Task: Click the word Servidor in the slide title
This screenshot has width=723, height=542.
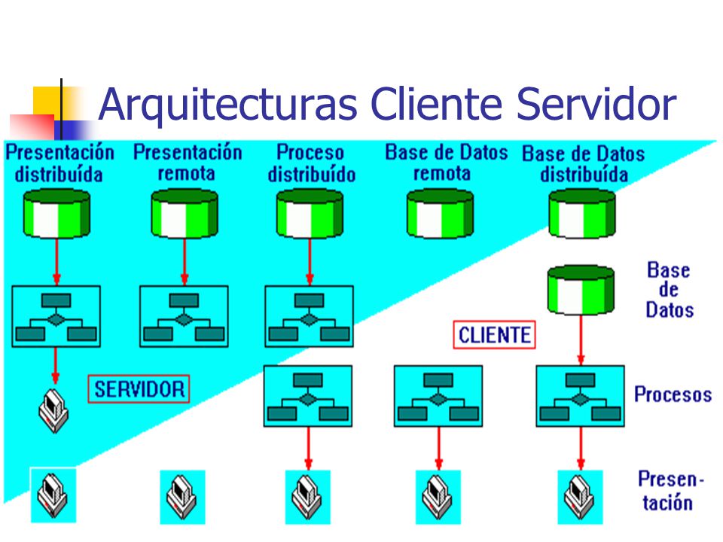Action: click(x=596, y=104)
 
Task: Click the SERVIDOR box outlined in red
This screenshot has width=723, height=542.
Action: click(x=139, y=389)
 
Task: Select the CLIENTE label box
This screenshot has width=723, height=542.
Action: click(x=494, y=334)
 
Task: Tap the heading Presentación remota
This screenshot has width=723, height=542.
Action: click(x=188, y=163)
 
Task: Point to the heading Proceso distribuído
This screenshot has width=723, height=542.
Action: click(x=311, y=163)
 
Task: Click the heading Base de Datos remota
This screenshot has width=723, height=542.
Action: click(x=446, y=163)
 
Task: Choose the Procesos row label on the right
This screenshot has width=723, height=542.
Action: click(x=673, y=394)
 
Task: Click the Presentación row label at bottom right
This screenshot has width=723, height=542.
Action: click(x=670, y=491)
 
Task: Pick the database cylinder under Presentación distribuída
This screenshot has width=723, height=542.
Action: click(x=56, y=213)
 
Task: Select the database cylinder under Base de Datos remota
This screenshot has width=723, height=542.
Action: click(x=441, y=213)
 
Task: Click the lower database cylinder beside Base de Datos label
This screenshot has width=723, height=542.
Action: click(x=581, y=290)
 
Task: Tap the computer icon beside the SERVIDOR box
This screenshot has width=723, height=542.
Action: click(x=53, y=411)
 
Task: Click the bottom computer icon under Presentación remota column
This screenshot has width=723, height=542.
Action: click(x=182, y=497)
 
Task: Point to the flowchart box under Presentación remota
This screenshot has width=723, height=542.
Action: click(x=184, y=316)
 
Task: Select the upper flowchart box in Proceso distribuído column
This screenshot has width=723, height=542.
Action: click(x=309, y=316)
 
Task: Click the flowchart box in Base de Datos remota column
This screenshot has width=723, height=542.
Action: click(x=438, y=396)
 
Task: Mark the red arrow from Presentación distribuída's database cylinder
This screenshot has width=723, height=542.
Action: click(x=56, y=262)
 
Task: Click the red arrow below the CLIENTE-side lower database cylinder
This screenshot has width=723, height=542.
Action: click(x=581, y=340)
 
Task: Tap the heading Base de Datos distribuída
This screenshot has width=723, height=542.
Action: click(x=583, y=164)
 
